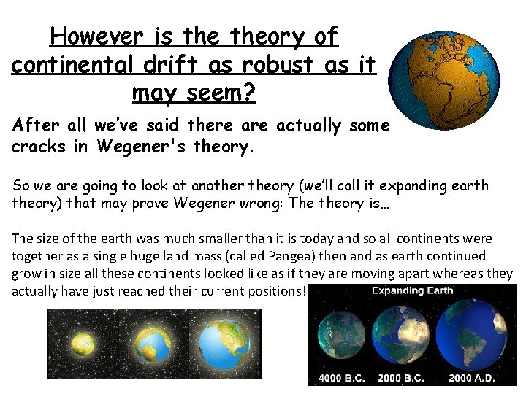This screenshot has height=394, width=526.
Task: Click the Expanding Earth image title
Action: click(x=412, y=290)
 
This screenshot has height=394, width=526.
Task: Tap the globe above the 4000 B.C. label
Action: click(x=340, y=336)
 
